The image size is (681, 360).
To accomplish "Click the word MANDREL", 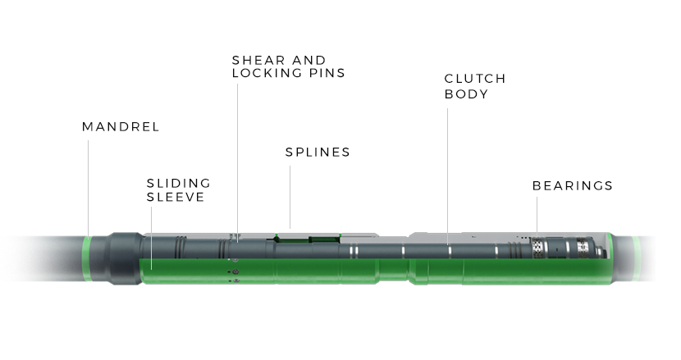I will [121, 127].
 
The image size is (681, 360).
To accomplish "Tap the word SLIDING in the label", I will [179, 183].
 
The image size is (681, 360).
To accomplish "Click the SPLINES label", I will [318, 152].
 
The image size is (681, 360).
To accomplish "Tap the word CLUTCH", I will [475, 79].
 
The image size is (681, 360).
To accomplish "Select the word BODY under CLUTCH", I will [466, 93].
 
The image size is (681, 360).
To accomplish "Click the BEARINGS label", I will [573, 185].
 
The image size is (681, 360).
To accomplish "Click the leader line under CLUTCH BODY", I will [448, 172].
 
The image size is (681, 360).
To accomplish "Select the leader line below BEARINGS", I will [537, 215].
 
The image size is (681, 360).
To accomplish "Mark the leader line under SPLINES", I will [290, 197].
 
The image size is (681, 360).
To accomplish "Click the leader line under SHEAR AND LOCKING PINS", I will [238, 156].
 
